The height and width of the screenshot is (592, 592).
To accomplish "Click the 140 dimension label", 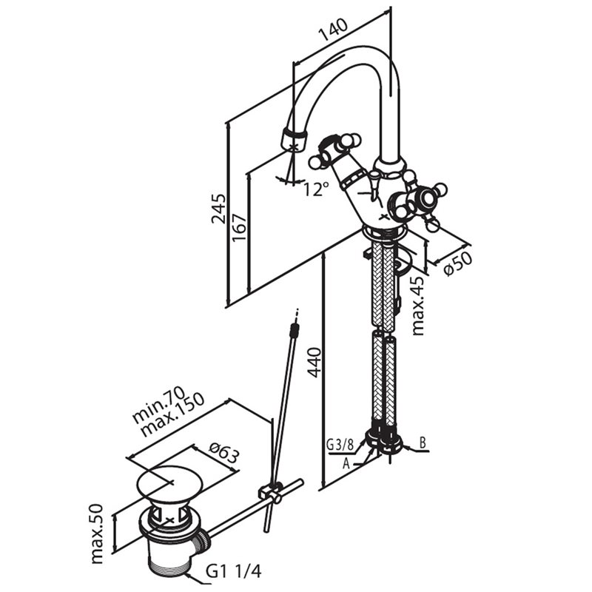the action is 334,30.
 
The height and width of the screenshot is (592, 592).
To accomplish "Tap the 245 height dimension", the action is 218,209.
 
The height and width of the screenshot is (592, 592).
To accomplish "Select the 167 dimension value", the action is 239,228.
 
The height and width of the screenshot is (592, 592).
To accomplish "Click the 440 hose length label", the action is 314,363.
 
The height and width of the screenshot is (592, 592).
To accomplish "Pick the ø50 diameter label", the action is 457,263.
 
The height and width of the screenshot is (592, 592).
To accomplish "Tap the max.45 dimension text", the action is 418,306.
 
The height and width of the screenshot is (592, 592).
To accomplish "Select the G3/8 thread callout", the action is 340,445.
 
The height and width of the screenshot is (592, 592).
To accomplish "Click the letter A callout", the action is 346,463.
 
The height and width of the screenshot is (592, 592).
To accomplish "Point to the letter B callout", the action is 423,443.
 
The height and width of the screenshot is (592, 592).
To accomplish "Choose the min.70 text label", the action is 158,403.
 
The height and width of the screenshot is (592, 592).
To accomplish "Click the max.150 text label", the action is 172,415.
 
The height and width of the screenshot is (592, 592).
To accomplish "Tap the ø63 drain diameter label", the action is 224,451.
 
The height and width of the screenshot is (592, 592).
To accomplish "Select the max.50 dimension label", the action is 97,534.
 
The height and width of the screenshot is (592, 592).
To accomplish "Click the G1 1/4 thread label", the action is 233,572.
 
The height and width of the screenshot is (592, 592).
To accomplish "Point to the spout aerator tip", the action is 295,139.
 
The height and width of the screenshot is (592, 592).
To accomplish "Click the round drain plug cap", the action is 170,482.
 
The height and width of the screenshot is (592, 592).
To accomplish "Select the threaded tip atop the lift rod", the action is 294,329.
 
